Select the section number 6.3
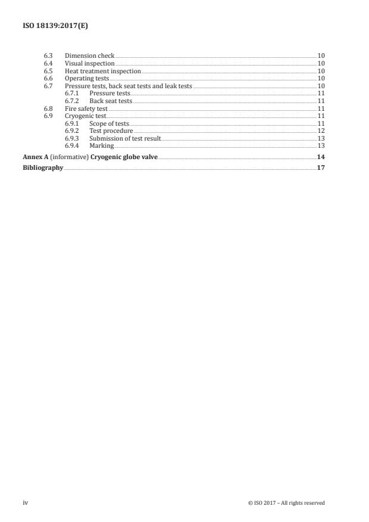click(x=49, y=56)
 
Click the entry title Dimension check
click(x=89, y=56)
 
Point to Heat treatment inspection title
click(x=102, y=71)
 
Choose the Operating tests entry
click(x=86, y=79)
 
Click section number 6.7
click(x=49, y=86)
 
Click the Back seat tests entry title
click(x=110, y=101)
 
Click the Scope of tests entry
click(x=108, y=123)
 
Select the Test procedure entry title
click(x=111, y=130)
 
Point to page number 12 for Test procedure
click(x=321, y=130)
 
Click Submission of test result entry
click(x=125, y=138)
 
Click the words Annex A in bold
click(x=35, y=157)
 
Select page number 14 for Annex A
click(x=321, y=157)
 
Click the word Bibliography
click(x=43, y=168)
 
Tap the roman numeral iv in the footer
click(x=26, y=503)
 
